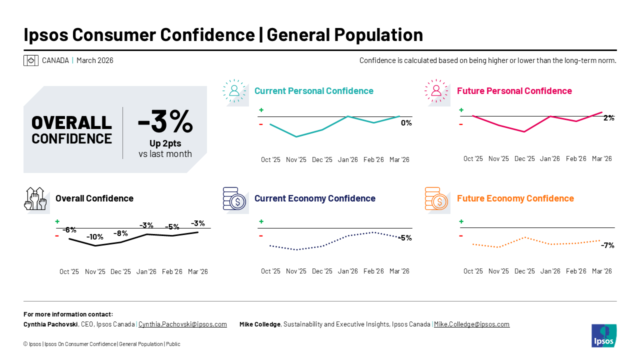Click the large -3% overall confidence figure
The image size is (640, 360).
point(165,121)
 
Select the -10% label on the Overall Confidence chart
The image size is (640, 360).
point(94,236)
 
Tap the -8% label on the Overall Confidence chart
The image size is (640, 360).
point(120,233)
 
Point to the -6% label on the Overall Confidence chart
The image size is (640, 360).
point(69,230)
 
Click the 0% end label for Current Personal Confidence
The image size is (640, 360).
point(406,123)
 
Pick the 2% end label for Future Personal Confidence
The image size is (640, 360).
point(608,118)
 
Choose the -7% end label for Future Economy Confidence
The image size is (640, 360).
point(607,245)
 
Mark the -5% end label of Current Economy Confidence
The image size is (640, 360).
point(405,238)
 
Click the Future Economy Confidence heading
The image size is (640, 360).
point(515,198)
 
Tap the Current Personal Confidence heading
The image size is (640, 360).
point(313,91)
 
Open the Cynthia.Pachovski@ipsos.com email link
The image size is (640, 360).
point(182,324)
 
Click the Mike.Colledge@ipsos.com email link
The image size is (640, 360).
point(471,324)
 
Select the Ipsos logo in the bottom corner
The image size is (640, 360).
point(603,335)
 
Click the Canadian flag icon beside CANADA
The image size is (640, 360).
point(31,60)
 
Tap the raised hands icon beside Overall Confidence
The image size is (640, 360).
point(35,198)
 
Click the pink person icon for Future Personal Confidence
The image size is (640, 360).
point(436,90)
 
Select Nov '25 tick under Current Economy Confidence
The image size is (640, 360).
point(296,271)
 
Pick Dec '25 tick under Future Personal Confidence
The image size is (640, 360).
point(524,159)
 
